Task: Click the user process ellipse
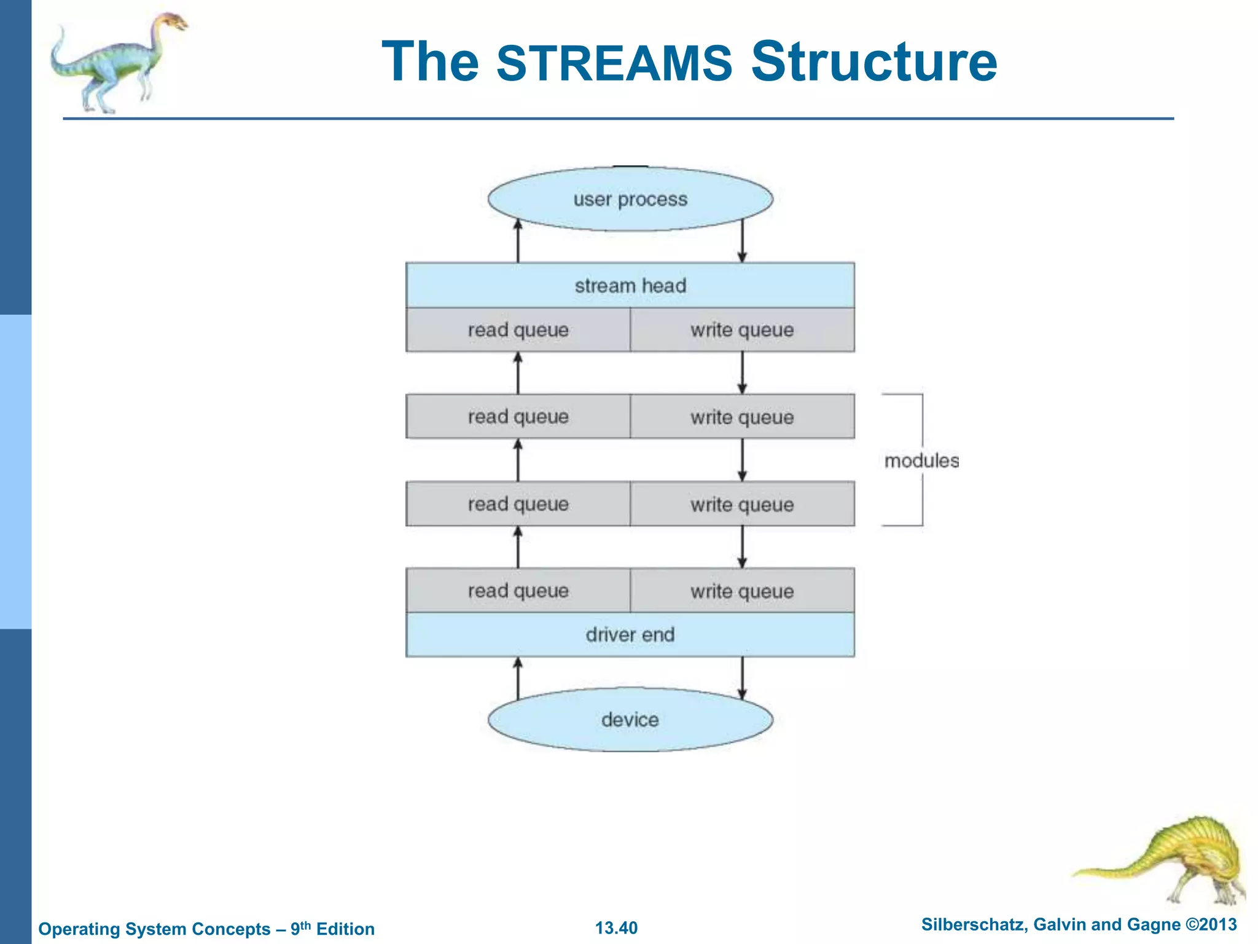tap(630, 199)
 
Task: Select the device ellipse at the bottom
tap(630, 720)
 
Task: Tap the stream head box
tap(630, 286)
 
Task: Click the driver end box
tap(630, 635)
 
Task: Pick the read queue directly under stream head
tap(518, 330)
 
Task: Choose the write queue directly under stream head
tap(742, 330)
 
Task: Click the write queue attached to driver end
tap(742, 591)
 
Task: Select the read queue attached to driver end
tap(518, 591)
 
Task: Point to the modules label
tap(921, 460)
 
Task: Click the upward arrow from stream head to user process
tap(518, 243)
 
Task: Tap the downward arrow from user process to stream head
tap(742, 243)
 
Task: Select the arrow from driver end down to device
tap(742, 677)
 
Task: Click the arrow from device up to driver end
tap(518, 677)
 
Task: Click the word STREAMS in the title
tap(614, 63)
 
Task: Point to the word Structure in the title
tap(874, 61)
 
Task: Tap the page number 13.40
tap(616, 927)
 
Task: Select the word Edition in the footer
tap(345, 929)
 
